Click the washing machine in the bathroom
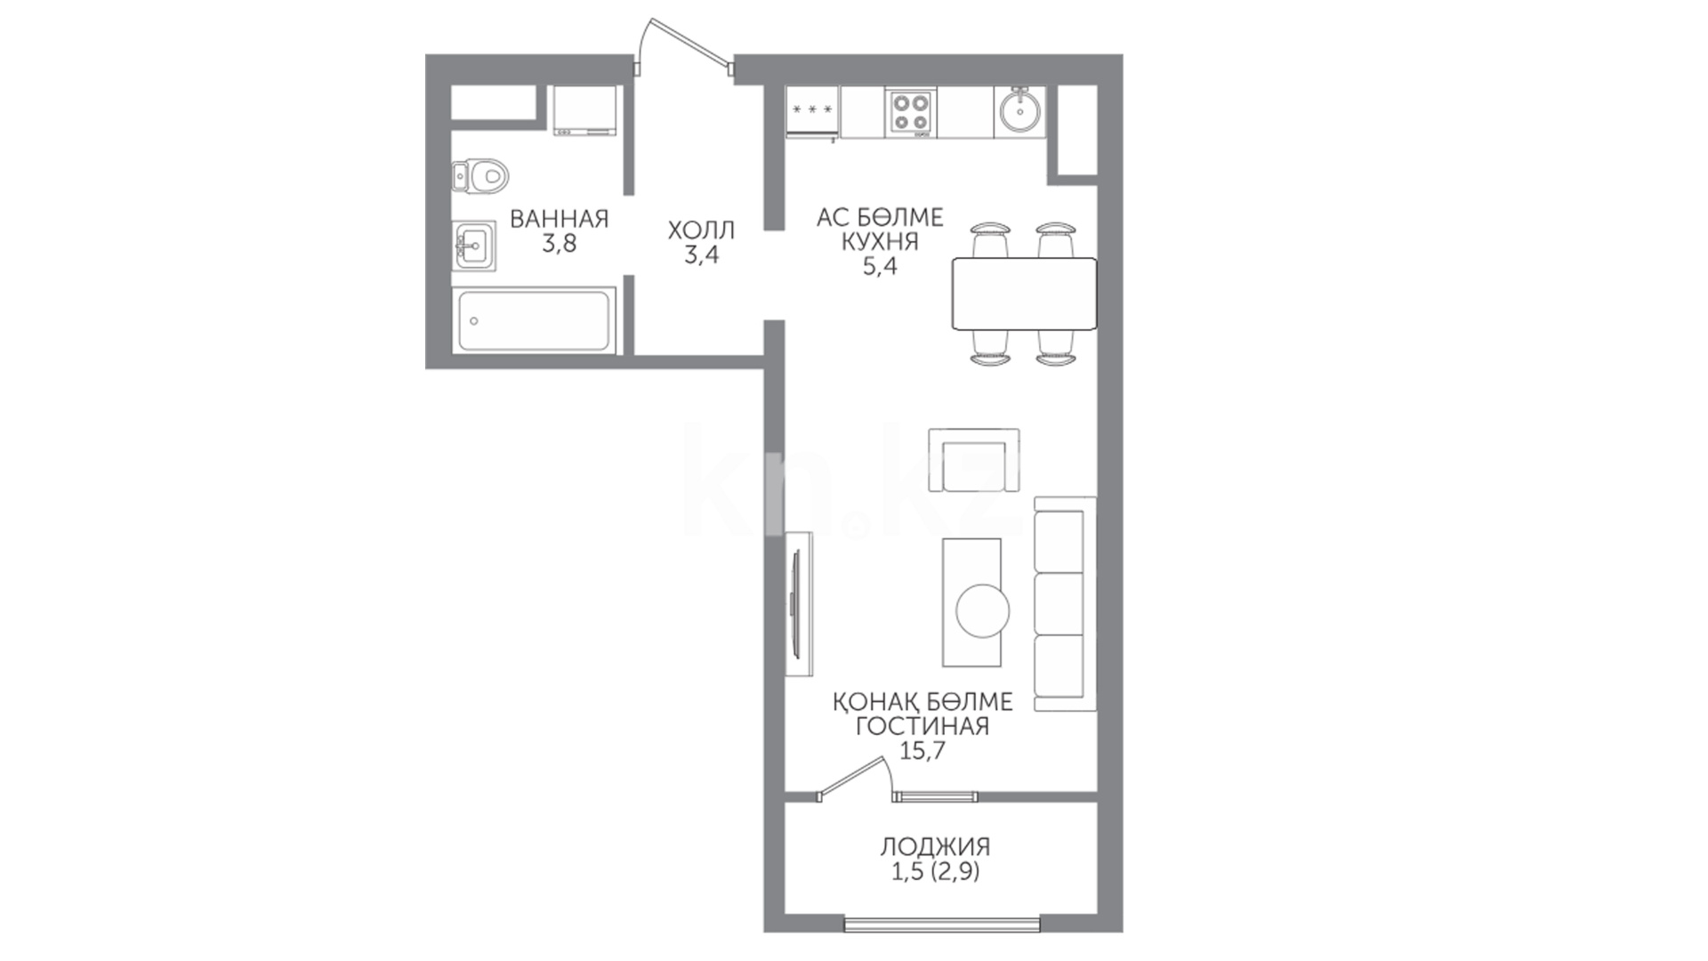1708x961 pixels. (584, 111)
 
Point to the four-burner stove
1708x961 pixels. (911, 113)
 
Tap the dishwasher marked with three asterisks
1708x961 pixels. (812, 112)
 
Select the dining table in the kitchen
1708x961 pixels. (1024, 293)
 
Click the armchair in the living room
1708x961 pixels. (973, 459)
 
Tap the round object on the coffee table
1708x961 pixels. (983, 610)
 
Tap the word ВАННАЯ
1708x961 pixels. (559, 219)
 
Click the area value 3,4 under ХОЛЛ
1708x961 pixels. (701, 256)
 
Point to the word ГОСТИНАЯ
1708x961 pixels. (922, 726)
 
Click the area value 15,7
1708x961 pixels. (922, 751)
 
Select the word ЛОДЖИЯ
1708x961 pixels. (935, 846)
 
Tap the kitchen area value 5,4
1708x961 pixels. (880, 266)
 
